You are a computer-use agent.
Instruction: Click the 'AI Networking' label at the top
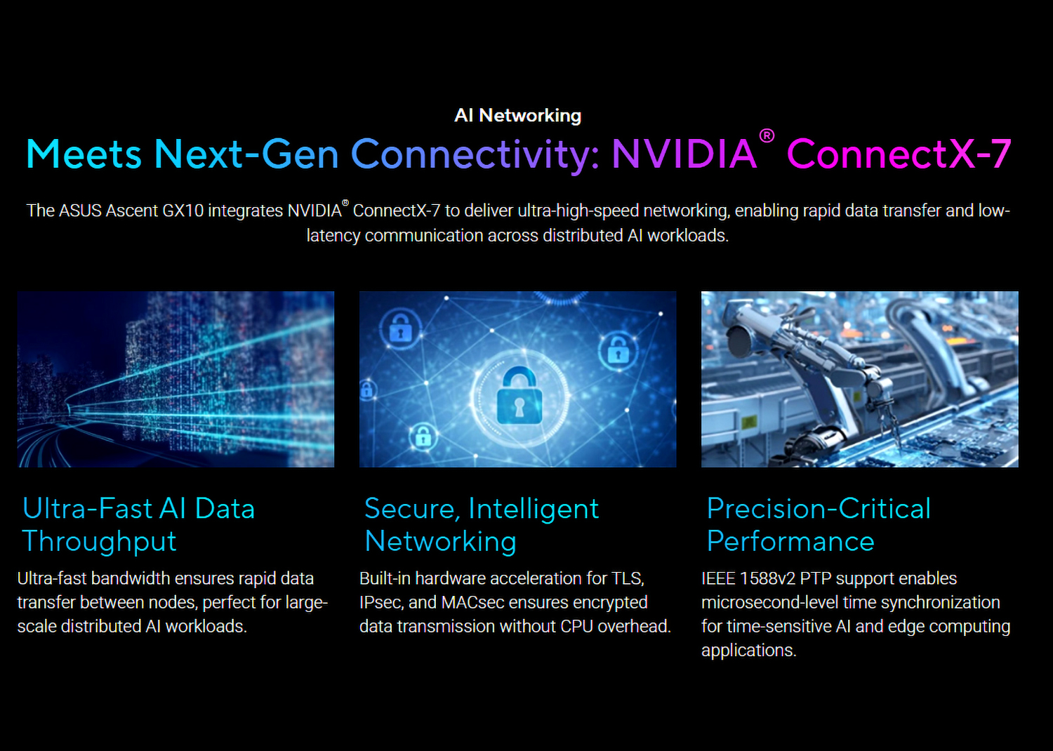517,116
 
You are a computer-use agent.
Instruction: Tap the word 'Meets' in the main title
84,154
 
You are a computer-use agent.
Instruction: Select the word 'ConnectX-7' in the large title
899,154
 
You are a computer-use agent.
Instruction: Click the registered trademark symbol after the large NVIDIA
767,136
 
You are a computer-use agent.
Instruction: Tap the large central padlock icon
519,395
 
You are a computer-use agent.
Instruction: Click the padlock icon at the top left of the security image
401,328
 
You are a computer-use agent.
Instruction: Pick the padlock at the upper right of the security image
618,350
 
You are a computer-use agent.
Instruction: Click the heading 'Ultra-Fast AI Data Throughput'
139,524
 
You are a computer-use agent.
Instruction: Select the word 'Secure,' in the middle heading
412,509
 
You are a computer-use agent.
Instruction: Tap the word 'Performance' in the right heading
790,541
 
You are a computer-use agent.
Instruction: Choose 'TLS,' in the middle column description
628,579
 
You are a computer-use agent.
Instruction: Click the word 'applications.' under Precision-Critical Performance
749,651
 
